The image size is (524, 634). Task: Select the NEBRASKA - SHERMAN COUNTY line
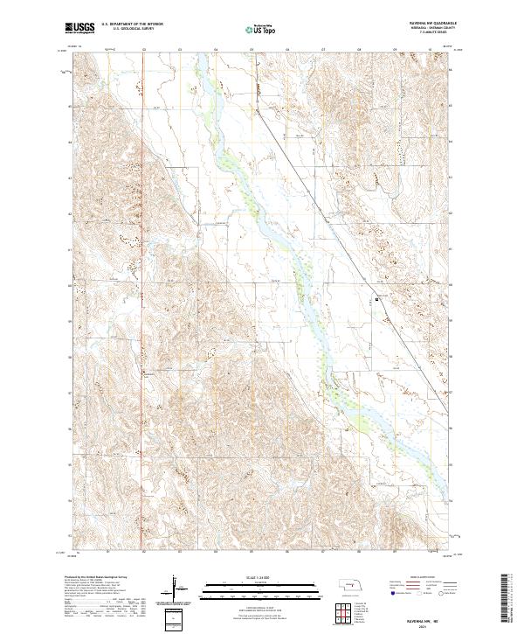[424, 29]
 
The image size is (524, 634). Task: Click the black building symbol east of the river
[376, 298]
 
